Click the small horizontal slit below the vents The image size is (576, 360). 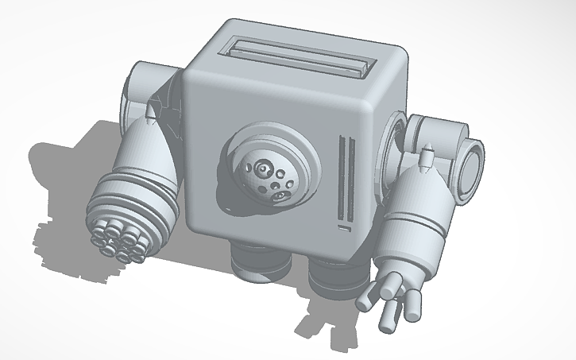coord(343,229)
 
